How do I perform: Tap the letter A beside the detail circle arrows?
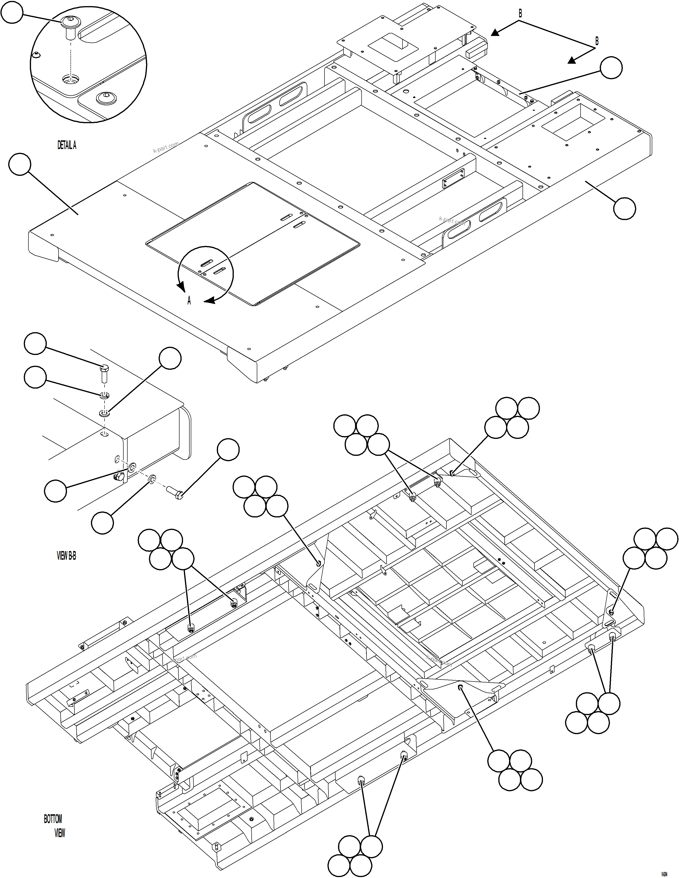pyautogui.click(x=189, y=301)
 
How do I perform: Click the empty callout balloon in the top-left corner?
pyautogui.click(x=12, y=12)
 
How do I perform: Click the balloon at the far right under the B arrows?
pyautogui.click(x=611, y=67)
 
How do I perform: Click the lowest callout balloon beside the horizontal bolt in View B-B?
pyautogui.click(x=102, y=523)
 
